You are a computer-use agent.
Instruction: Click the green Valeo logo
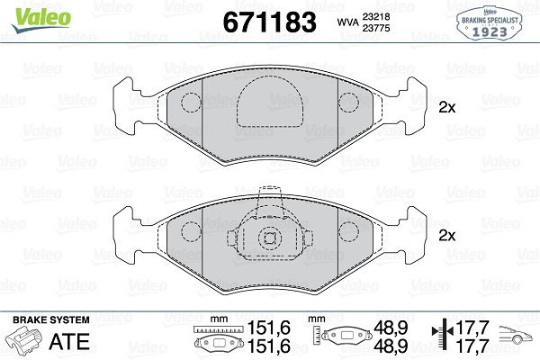click(x=41, y=20)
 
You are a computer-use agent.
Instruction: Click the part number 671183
click(x=269, y=22)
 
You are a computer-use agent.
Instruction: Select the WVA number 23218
click(x=375, y=16)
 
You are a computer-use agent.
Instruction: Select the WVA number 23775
click(x=375, y=28)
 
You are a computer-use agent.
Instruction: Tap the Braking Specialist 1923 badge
click(x=490, y=23)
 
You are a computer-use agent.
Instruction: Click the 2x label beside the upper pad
click(x=447, y=108)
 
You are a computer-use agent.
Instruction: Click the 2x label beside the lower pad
click(x=447, y=236)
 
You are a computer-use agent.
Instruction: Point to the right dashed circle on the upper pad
click(x=349, y=103)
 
